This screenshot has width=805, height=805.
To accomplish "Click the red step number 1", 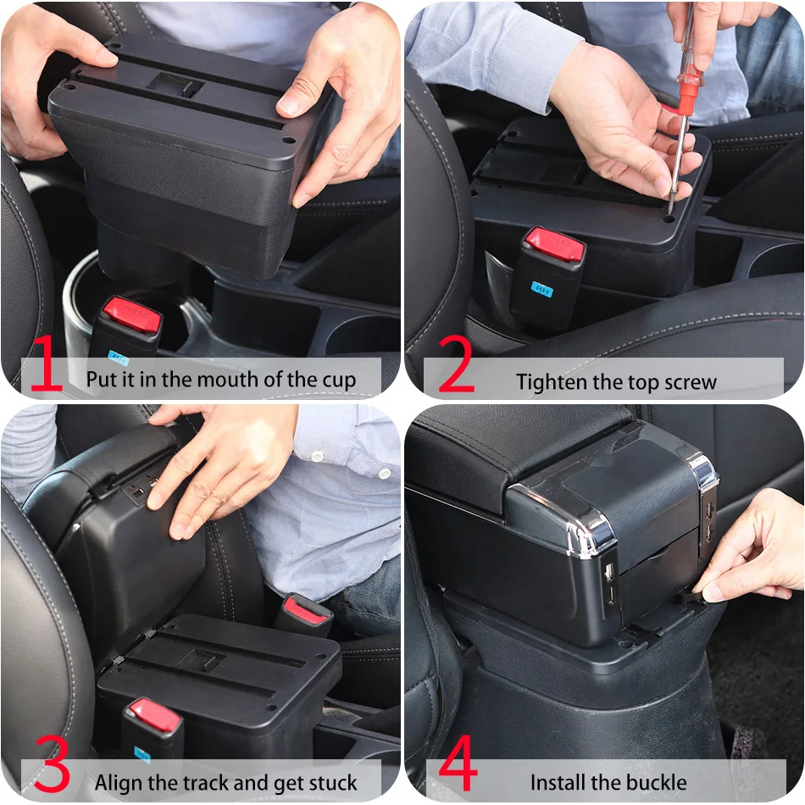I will tap(46, 364).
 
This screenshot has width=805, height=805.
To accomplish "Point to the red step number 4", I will tap(458, 767).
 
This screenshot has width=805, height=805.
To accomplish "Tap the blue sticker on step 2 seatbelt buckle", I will tap(542, 288).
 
